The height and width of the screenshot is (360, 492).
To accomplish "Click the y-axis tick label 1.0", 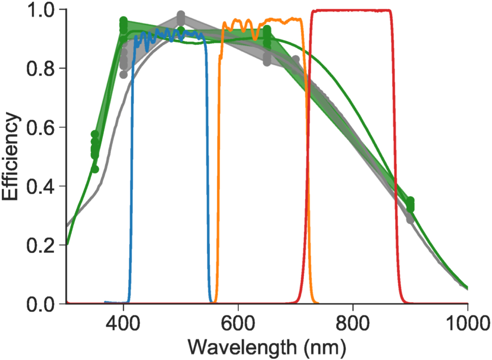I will [42, 10].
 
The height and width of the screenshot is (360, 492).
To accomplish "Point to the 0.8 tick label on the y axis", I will [42, 69].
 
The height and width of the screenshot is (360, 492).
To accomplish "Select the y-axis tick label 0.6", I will [42, 127].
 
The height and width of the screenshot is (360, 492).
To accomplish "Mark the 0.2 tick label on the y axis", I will [42, 245].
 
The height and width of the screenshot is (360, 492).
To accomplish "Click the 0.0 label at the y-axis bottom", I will [42, 304].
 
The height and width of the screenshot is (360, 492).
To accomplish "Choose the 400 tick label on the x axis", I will [123, 322].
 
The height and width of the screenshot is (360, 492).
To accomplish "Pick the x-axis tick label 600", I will [238, 322].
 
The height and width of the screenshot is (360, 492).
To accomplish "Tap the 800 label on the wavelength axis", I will [353, 322].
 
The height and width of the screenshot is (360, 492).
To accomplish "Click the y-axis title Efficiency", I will [12, 156].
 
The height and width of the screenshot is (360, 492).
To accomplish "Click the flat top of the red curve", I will [351, 11].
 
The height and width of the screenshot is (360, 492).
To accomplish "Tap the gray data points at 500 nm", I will [181, 18].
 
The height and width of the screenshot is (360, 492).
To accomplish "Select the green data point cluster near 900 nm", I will [410, 205].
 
